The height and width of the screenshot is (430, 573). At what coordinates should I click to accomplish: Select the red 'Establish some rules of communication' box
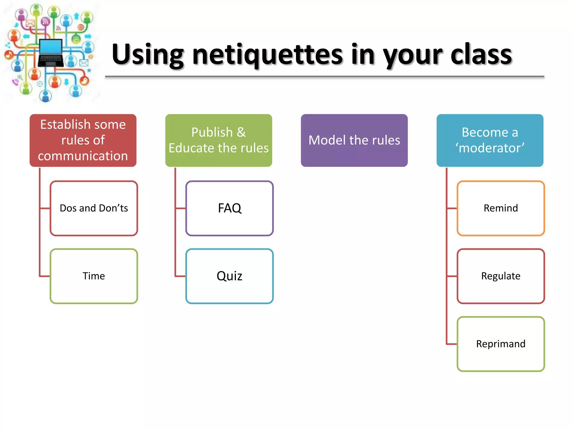pyautogui.click(x=83, y=140)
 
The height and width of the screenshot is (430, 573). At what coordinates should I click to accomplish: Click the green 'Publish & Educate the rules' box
pyautogui.click(x=219, y=140)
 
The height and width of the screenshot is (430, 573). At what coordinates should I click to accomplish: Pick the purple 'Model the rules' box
pyautogui.click(x=354, y=140)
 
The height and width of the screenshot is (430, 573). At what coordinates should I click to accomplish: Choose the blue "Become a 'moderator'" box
pyautogui.click(x=490, y=140)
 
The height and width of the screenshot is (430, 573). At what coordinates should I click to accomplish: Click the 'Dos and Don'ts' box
pyautogui.click(x=94, y=208)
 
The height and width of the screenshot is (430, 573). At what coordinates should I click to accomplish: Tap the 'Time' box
pyautogui.click(x=94, y=276)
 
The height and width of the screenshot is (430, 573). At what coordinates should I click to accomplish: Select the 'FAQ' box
pyautogui.click(x=229, y=208)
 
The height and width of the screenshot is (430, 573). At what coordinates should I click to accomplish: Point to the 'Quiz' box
pyautogui.click(x=229, y=276)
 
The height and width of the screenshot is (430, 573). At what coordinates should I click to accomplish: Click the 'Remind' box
pyautogui.click(x=501, y=208)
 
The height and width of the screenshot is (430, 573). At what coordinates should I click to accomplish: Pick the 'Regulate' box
pyautogui.click(x=501, y=276)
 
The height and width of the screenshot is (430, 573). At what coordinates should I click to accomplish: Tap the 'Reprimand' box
pyautogui.click(x=501, y=344)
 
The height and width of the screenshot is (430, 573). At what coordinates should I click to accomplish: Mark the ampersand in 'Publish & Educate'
pyautogui.click(x=241, y=132)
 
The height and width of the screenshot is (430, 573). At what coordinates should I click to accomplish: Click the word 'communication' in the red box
pyautogui.click(x=83, y=156)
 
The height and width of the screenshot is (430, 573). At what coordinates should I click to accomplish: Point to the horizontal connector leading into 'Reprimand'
pyautogui.click(x=452, y=344)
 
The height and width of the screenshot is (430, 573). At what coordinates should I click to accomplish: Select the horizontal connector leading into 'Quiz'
pyautogui.click(x=180, y=276)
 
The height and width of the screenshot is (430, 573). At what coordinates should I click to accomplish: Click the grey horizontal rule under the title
pyautogui.click(x=325, y=76)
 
